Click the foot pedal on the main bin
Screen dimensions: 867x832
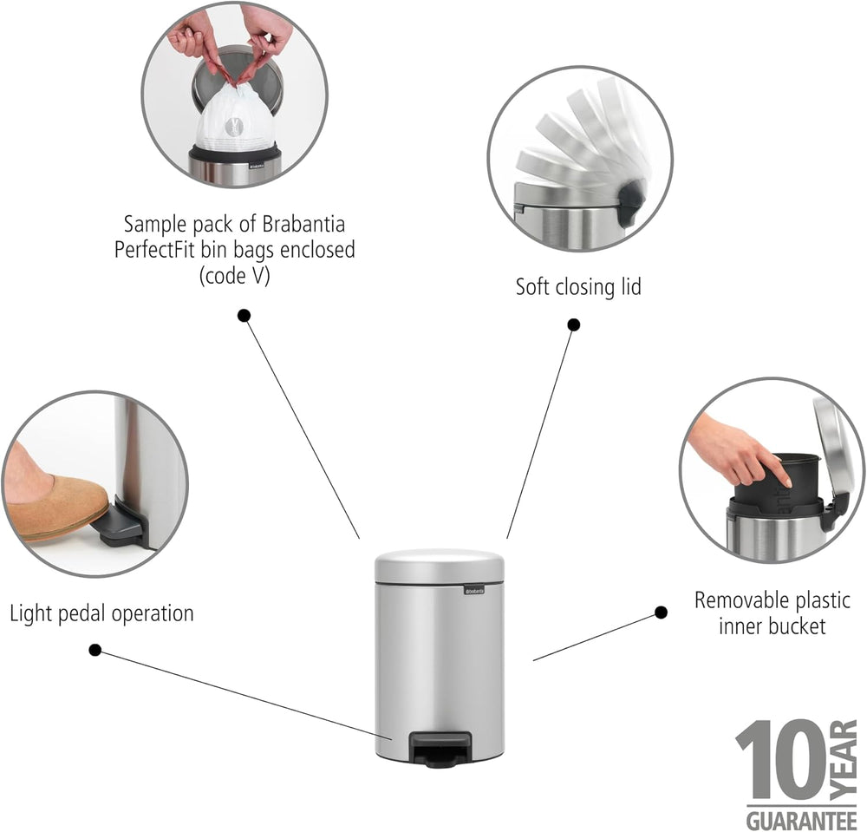pos(440,749)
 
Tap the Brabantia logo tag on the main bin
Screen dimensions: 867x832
pos(474,591)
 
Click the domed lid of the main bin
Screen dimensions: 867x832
pos(440,566)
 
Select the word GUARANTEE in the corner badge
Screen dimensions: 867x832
pos(801,819)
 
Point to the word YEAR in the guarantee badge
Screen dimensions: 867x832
pos(844,759)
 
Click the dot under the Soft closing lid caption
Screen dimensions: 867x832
pos(574,324)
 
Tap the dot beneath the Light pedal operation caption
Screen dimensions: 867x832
pos(95,650)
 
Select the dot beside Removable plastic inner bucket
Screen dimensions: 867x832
pos(661,613)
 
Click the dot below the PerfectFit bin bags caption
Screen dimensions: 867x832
pos(244,315)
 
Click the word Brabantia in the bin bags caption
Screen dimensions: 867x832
pos(303,224)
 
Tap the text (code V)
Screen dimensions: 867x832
pos(234,276)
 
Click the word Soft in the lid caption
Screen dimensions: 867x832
pos(533,286)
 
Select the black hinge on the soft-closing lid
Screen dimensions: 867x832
pos(630,204)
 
